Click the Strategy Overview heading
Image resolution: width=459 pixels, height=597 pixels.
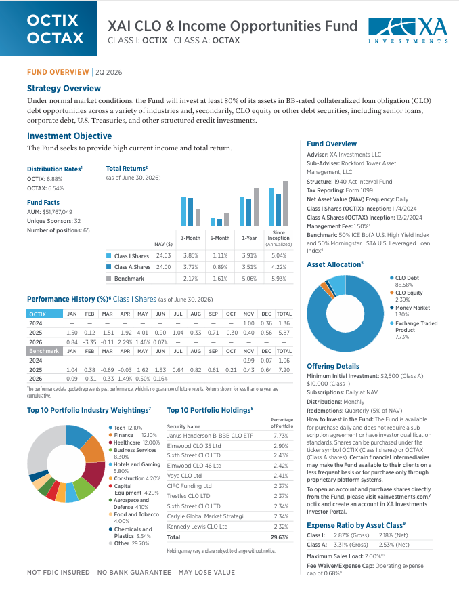(x=64, y=88)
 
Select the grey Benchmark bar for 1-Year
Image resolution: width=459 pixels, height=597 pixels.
(x=256, y=207)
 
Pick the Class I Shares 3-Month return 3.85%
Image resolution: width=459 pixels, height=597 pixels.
(x=190, y=256)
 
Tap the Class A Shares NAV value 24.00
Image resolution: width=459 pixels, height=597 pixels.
(x=164, y=267)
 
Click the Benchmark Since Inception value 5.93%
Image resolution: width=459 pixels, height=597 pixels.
(x=279, y=279)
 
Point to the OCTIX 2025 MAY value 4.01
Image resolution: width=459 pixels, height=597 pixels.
(x=143, y=333)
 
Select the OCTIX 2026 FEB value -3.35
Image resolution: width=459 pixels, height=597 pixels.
(x=90, y=342)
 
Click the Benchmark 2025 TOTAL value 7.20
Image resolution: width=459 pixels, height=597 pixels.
(x=284, y=370)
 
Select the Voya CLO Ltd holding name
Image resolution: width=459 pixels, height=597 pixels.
(x=184, y=476)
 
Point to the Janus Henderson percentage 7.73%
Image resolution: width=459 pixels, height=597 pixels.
(x=281, y=436)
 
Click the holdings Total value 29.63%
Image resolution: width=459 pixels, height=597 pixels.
(x=280, y=537)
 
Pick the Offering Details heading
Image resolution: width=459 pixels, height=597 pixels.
(x=333, y=366)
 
